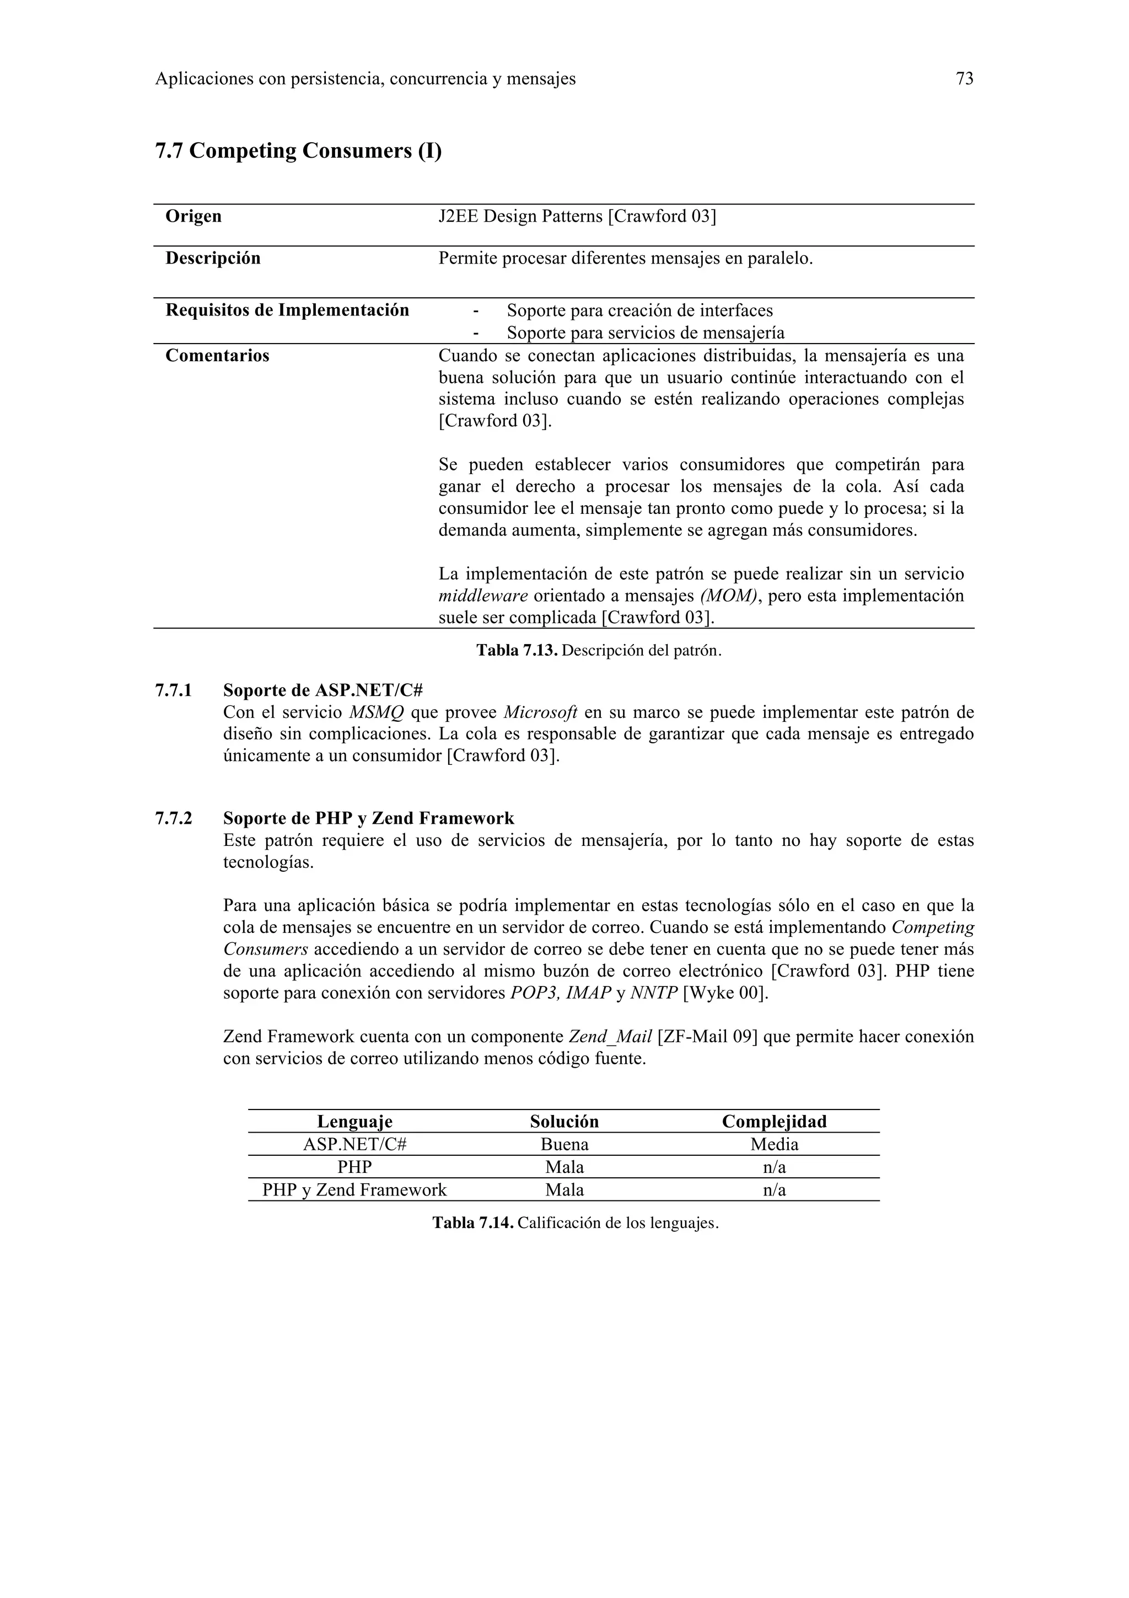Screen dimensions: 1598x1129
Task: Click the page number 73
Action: pyautogui.click(x=964, y=79)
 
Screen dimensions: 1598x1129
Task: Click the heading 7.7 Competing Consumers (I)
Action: pyautogui.click(x=298, y=151)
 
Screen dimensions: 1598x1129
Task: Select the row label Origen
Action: pyautogui.click(x=193, y=217)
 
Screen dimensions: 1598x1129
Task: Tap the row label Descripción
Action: pyautogui.click(x=213, y=258)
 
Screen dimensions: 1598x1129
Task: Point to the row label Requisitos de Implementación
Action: pyautogui.click(x=287, y=310)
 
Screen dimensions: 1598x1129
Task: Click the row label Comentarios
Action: pyautogui.click(x=217, y=356)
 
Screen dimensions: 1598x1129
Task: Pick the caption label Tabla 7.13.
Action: pyautogui.click(x=517, y=651)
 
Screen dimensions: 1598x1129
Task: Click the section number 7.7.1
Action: pyautogui.click(x=173, y=690)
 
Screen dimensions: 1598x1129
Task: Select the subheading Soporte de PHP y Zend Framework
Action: pyautogui.click(x=369, y=818)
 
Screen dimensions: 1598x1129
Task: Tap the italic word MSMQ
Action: pyautogui.click(x=375, y=712)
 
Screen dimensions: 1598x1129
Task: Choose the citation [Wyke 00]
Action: pyautogui.click(x=725, y=993)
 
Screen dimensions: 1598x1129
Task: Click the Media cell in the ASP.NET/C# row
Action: pyautogui.click(x=774, y=1144)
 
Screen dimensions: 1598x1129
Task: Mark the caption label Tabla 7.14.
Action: pyautogui.click(x=473, y=1223)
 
